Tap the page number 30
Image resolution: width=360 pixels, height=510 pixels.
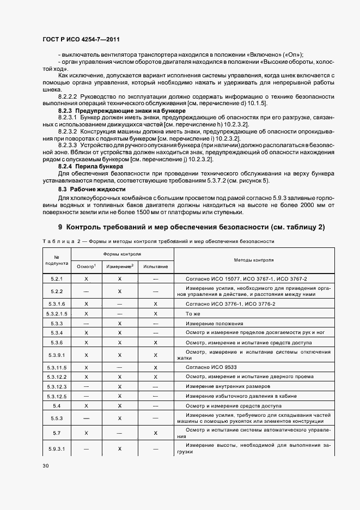click(45, 465)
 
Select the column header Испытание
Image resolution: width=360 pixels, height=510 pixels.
click(155, 267)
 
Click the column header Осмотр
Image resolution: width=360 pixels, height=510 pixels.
click(87, 266)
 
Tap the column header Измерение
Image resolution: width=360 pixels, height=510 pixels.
click(120, 266)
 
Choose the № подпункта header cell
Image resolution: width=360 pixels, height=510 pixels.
click(57, 260)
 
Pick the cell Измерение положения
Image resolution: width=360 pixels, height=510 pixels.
click(214, 323)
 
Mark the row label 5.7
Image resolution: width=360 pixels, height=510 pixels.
click(57, 433)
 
